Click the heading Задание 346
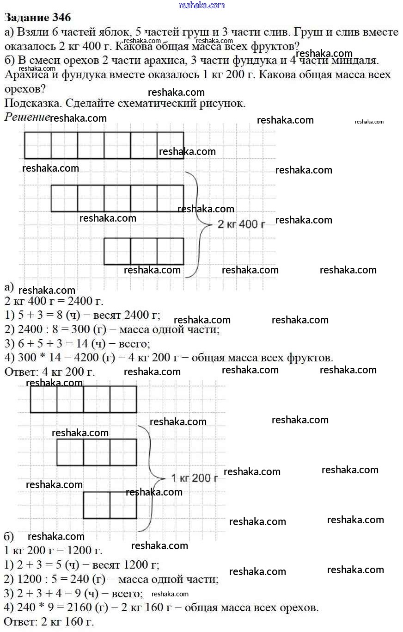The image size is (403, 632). click(x=37, y=18)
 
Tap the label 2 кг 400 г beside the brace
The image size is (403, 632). click(x=241, y=225)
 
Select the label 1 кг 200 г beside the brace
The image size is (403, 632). click(x=194, y=478)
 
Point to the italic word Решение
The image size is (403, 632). click(x=27, y=117)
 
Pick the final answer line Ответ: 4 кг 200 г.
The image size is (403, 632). click(x=49, y=372)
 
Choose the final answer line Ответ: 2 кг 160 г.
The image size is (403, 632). click(x=49, y=622)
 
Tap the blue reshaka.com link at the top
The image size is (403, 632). click(x=201, y=5)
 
